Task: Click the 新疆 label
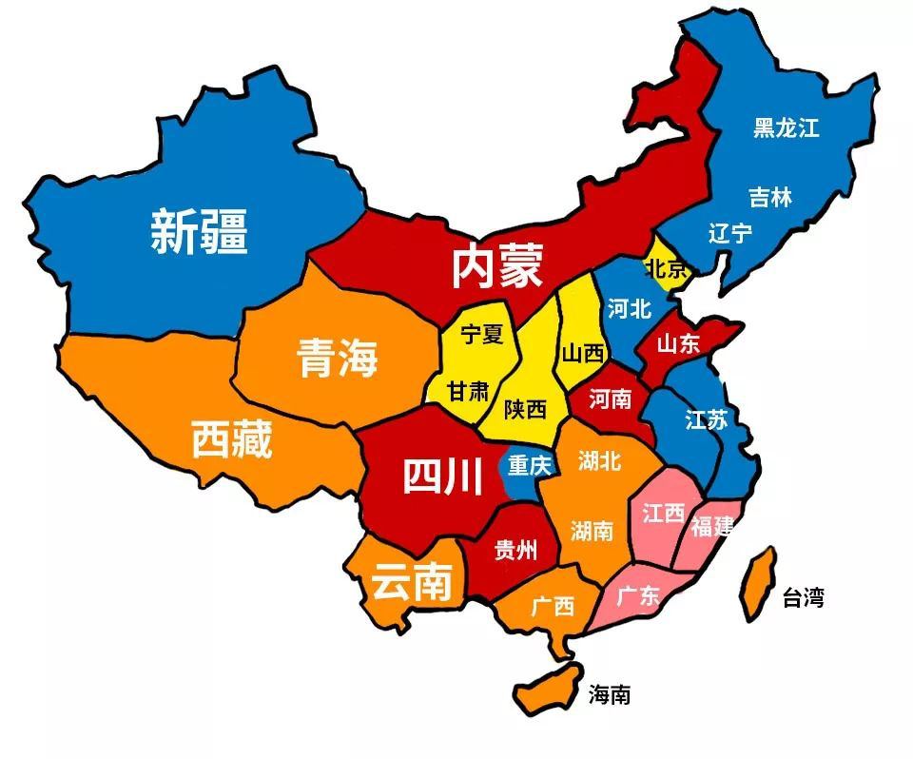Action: (x=199, y=231)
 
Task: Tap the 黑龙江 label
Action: (x=786, y=127)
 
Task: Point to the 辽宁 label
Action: (x=729, y=233)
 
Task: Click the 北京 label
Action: (x=666, y=269)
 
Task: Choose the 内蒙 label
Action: (x=495, y=265)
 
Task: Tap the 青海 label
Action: (x=337, y=357)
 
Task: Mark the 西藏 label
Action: (x=231, y=438)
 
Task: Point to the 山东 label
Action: (x=678, y=342)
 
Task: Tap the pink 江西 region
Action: (x=663, y=518)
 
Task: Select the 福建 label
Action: (x=712, y=526)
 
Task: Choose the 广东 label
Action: (x=637, y=596)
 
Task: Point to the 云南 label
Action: (x=410, y=581)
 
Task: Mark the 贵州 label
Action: (x=515, y=549)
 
